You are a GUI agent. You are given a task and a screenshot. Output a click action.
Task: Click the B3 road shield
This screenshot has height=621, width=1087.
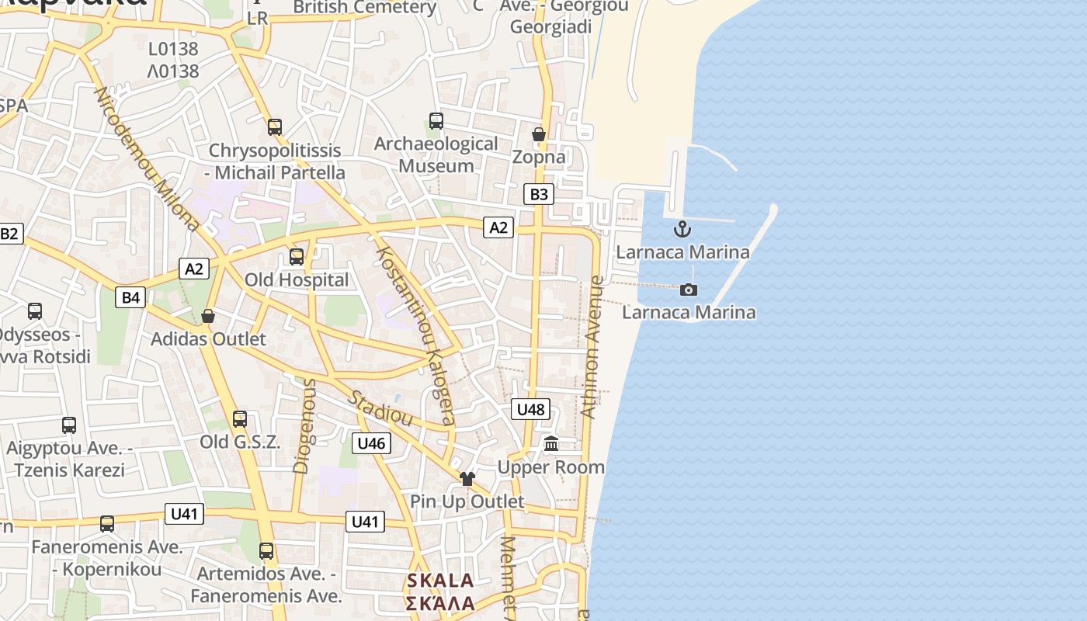(x=538, y=194)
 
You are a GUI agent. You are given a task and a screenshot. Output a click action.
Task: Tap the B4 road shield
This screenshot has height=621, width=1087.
(x=131, y=297)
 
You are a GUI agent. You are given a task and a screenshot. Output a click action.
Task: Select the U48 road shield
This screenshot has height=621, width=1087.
(x=531, y=409)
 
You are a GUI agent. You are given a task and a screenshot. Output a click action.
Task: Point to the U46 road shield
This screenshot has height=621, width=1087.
(x=371, y=443)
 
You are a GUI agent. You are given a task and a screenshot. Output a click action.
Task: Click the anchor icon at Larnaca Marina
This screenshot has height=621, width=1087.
(x=682, y=229)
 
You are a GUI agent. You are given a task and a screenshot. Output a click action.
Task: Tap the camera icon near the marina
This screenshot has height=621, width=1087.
(x=688, y=290)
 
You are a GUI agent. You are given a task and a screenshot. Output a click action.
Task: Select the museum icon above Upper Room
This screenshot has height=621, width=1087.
(x=551, y=444)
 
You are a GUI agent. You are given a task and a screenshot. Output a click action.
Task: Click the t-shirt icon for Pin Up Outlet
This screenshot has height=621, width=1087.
(x=467, y=479)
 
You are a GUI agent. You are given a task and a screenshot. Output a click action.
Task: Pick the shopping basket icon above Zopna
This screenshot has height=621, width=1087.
(x=539, y=134)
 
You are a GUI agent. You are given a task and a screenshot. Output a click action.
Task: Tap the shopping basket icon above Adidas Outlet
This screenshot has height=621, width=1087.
(x=208, y=316)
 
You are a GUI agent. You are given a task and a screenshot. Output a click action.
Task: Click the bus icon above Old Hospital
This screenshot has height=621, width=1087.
(x=297, y=257)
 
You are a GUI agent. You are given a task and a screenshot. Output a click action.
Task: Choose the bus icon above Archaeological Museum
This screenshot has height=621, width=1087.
(x=436, y=121)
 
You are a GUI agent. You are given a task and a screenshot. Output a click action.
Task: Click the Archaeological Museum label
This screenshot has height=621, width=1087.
(x=436, y=154)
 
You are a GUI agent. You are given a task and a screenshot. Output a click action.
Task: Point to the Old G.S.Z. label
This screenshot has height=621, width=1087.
(x=239, y=442)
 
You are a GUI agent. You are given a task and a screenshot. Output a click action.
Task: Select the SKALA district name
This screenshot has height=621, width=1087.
(x=440, y=592)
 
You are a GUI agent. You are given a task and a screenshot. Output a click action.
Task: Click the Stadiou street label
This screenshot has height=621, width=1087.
(x=380, y=408)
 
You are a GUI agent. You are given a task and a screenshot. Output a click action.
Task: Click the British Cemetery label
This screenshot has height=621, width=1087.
(x=365, y=8)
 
